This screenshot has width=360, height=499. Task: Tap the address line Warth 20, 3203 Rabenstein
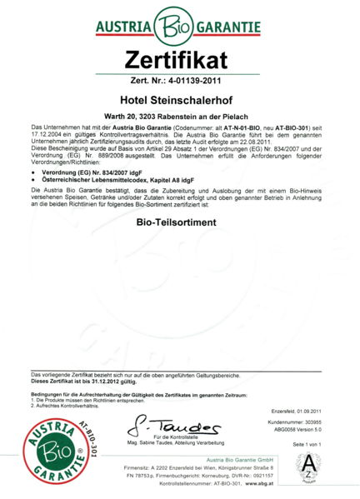[180, 118]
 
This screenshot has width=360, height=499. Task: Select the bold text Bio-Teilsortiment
[180, 224]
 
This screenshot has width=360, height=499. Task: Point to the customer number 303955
[317, 423]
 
